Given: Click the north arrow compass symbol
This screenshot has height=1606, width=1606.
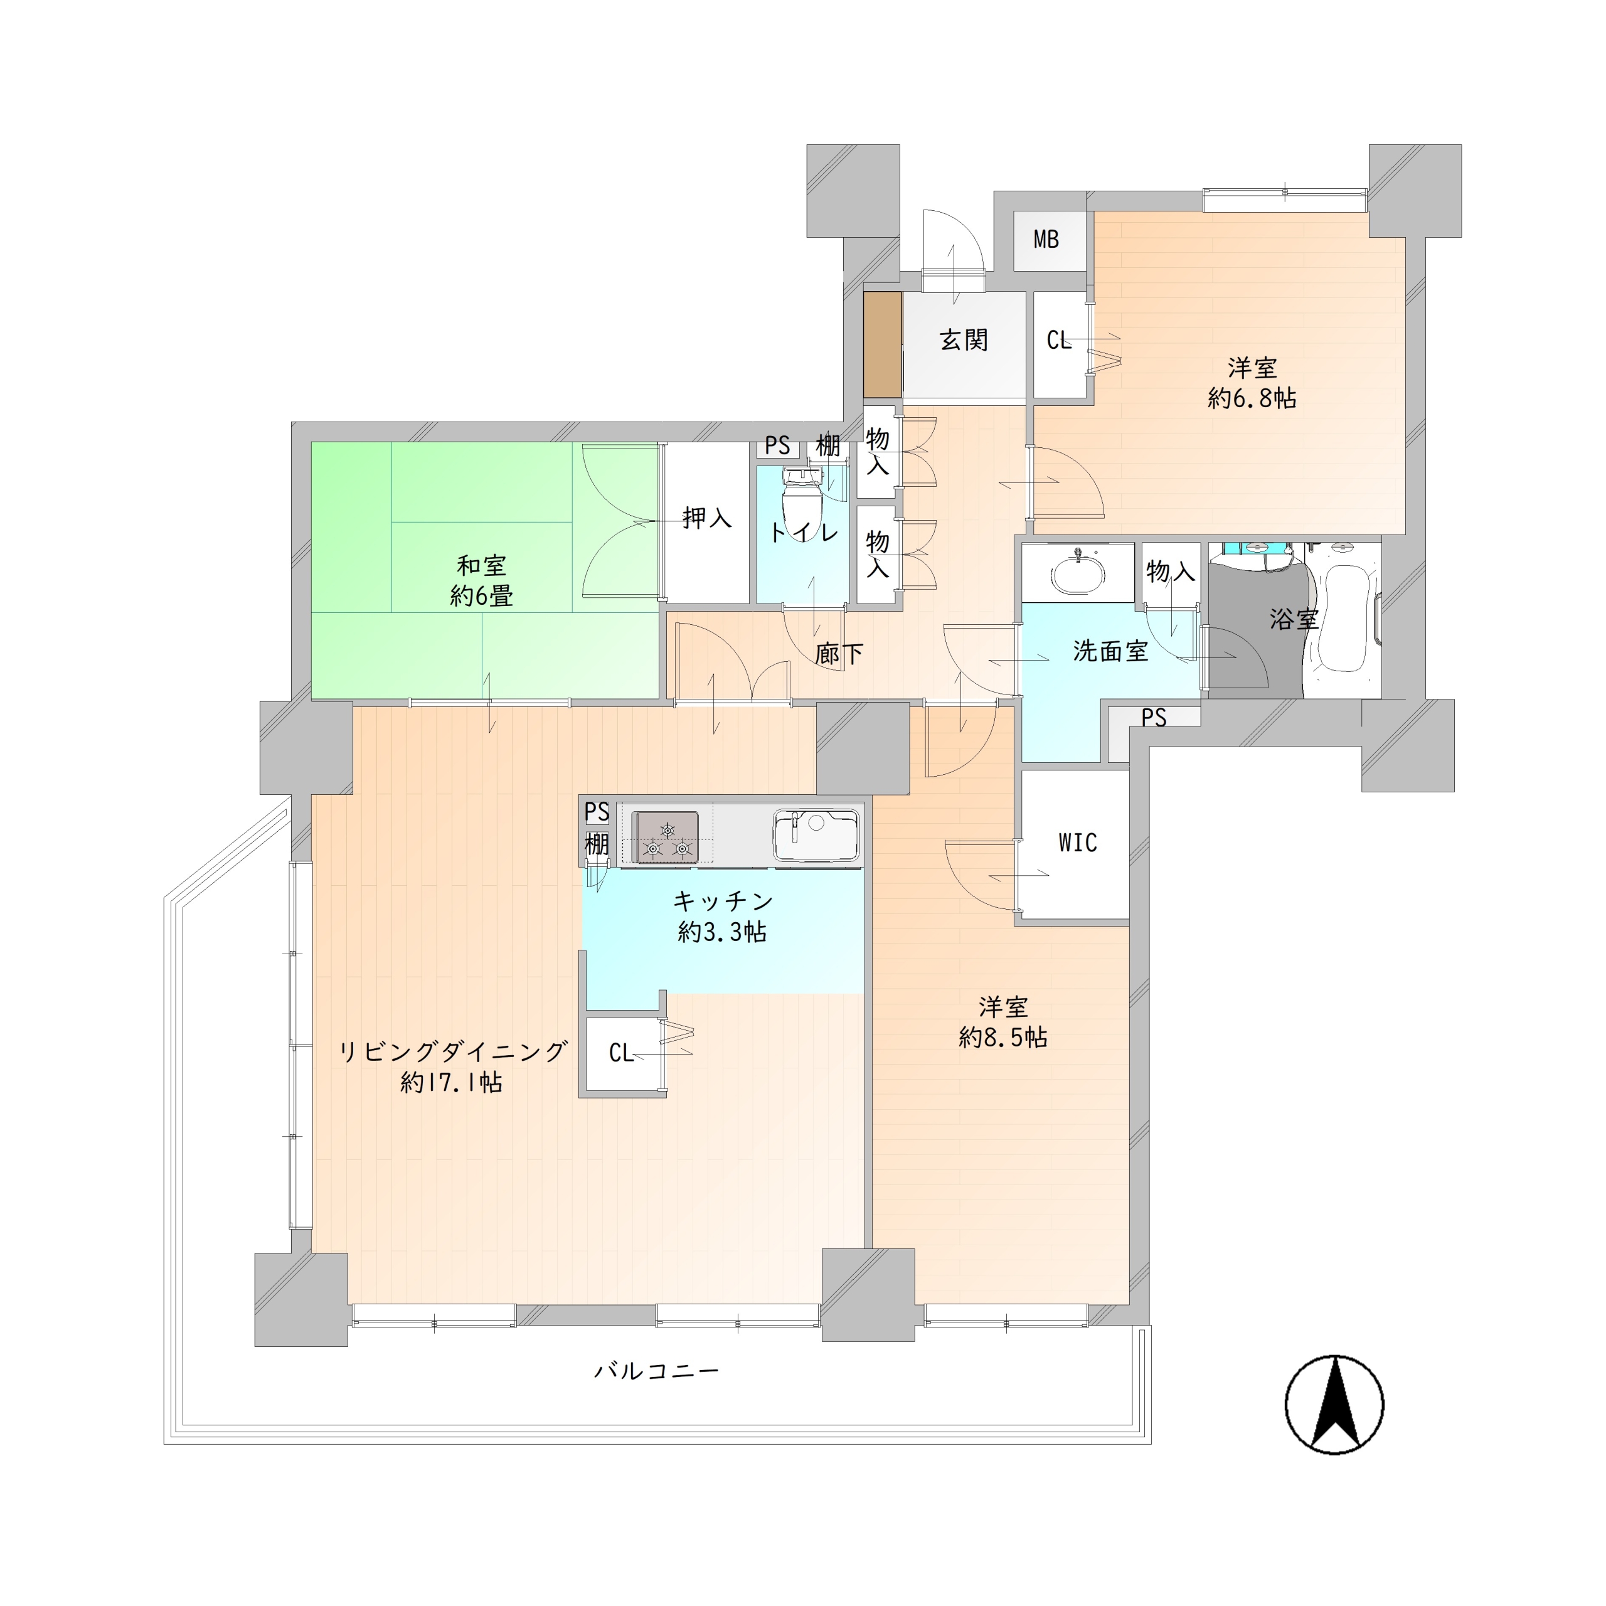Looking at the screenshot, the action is point(1334,1404).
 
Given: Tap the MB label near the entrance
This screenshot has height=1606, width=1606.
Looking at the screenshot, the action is point(1046,240).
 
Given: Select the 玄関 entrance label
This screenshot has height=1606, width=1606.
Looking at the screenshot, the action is point(964,340).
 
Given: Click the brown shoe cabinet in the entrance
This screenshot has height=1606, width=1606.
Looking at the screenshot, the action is point(882,344).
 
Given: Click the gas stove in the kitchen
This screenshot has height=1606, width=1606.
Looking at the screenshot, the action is point(665,837).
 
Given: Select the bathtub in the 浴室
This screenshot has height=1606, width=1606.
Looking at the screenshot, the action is point(1344,618).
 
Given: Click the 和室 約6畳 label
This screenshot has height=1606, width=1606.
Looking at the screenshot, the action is point(481,581).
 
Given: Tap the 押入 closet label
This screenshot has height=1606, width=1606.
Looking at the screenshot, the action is point(706,519).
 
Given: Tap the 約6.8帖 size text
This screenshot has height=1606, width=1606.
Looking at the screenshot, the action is point(1252,398).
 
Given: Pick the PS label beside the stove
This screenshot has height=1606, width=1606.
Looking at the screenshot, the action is point(596,811).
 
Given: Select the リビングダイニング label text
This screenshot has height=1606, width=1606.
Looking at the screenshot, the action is point(452,1051).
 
